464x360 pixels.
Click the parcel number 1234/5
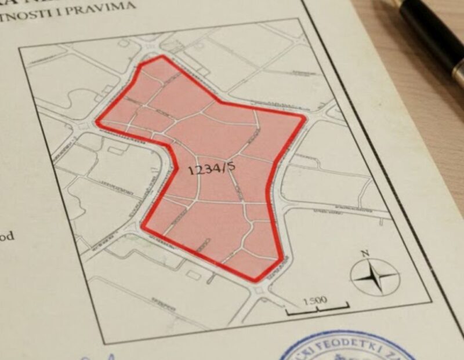coord(211,169)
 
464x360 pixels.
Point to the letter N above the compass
coord(365,253)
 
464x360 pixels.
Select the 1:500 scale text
coord(315,300)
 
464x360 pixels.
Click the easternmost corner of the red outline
coord(304,117)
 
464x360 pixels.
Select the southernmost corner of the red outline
coord(255,281)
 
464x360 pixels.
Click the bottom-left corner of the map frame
coord(105,343)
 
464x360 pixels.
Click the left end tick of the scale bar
coord(288,313)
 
